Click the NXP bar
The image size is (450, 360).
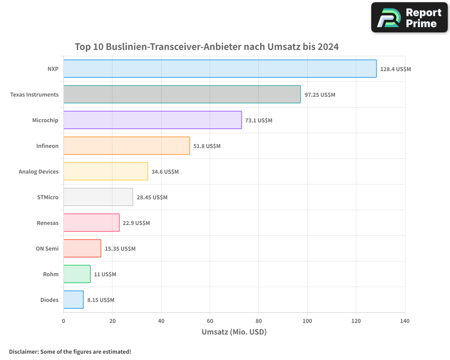coord(220,69)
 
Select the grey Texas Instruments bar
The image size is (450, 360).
coord(182,94)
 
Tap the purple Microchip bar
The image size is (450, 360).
coord(153,120)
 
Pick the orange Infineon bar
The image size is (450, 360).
coord(126,146)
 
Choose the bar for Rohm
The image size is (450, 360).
coord(77,274)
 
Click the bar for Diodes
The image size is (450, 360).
coord(73,300)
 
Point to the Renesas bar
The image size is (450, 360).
coord(91,223)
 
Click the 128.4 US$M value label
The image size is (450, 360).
coord(396,69)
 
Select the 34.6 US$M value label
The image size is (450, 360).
coord(165,172)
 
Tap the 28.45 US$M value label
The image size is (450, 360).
coord(152,198)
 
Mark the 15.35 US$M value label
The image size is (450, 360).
coord(120,249)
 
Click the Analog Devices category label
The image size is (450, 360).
coord(39,171)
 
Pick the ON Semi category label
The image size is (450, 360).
coord(47,248)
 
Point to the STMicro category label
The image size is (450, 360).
coord(48,197)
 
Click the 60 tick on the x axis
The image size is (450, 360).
coord(210,321)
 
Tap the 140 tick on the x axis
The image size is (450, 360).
coord(405,321)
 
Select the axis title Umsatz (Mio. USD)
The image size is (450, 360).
coord(234,332)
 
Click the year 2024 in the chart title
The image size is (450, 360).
coord(328,47)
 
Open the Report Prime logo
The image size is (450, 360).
coord(409,18)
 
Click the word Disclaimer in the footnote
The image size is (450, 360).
coord(23,351)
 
